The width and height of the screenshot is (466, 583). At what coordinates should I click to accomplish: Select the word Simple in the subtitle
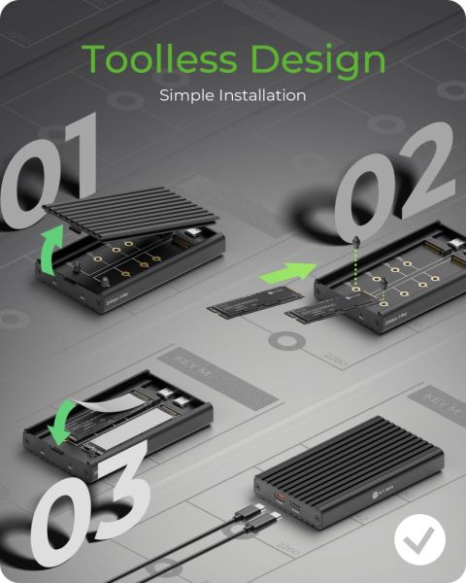pos(182,96)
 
